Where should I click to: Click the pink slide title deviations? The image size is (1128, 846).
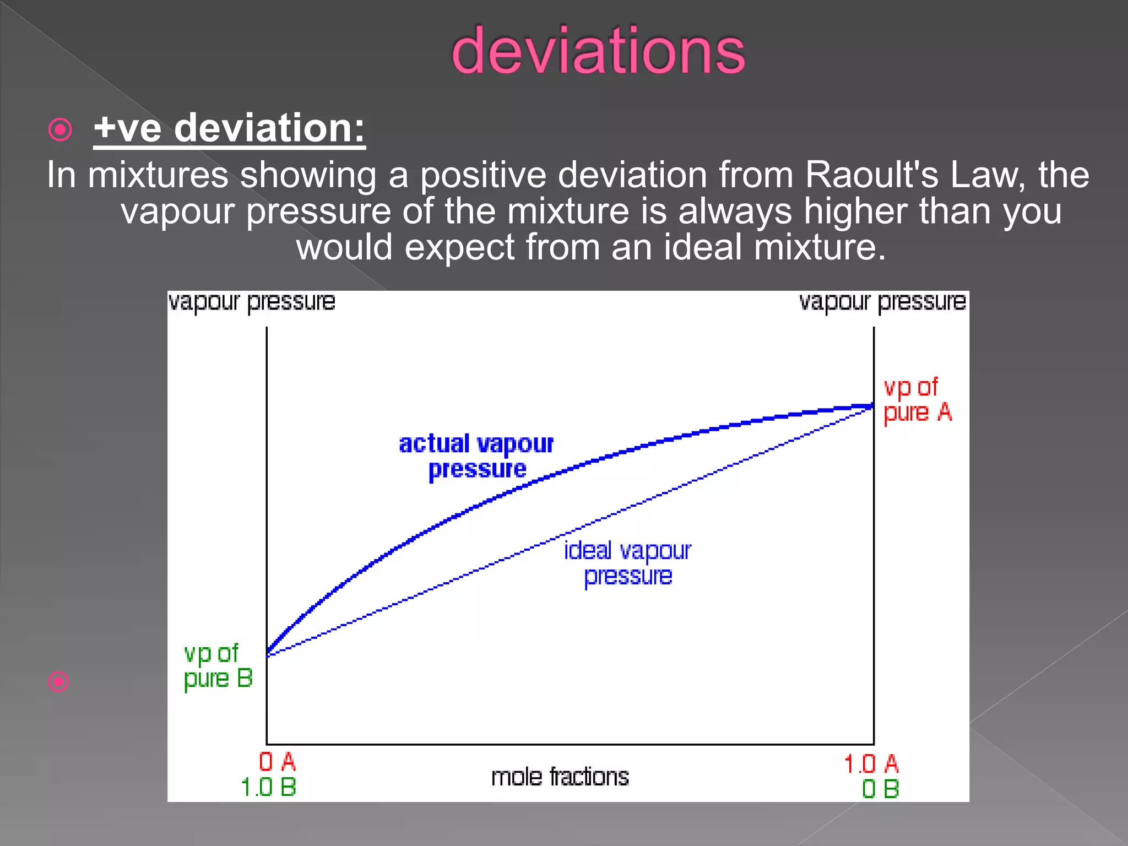[x=598, y=51]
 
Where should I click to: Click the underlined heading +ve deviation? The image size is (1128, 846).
[x=229, y=128]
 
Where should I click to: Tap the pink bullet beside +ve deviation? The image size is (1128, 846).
[x=60, y=130]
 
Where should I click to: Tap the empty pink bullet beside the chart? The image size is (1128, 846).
[x=58, y=682]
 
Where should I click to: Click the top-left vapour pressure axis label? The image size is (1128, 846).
[x=252, y=302]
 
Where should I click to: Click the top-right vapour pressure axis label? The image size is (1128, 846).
[x=882, y=302]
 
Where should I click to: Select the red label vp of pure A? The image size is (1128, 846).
[x=916, y=400]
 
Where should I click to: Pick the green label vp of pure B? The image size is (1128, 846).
[x=218, y=666]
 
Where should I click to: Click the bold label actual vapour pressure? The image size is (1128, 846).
[x=476, y=456]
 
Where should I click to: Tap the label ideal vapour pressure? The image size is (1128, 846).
[x=627, y=563]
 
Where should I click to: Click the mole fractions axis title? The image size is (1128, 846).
[x=560, y=777]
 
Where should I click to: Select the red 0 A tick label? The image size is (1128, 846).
[x=278, y=762]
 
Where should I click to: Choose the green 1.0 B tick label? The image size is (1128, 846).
[x=269, y=787]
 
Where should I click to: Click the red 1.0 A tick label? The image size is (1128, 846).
[x=871, y=764]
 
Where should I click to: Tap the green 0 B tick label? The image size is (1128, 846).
[x=880, y=789]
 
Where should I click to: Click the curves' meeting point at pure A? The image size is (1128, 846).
[x=873, y=406]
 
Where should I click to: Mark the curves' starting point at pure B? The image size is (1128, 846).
[x=268, y=653]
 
